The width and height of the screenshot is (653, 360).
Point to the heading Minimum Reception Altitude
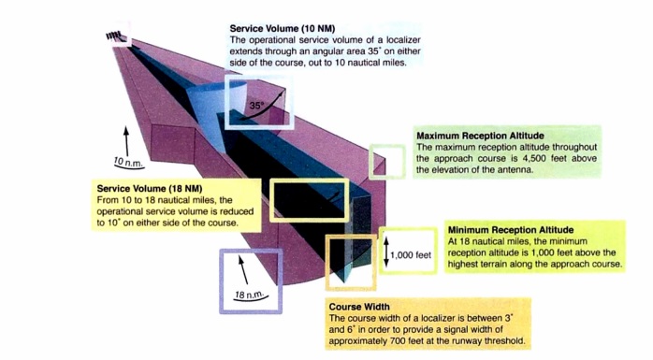click(509, 229)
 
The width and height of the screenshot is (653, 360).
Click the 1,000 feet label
click(412, 254)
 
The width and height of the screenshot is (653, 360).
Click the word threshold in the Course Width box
click(495, 341)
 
